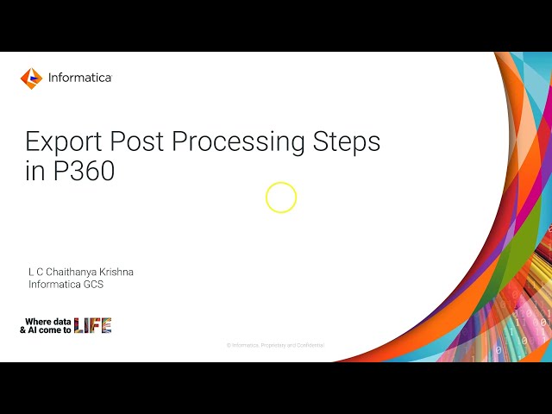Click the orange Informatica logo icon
(31, 78)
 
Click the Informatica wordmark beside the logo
(79, 78)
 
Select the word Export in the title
(65, 141)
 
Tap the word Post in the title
(143, 141)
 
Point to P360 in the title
(84, 171)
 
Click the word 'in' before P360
(34, 171)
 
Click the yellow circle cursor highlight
(281, 198)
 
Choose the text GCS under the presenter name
(93, 285)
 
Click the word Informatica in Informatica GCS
(54, 285)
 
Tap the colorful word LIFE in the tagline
(93, 325)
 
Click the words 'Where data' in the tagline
(48, 321)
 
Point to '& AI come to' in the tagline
(47, 329)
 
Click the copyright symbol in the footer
(229, 345)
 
